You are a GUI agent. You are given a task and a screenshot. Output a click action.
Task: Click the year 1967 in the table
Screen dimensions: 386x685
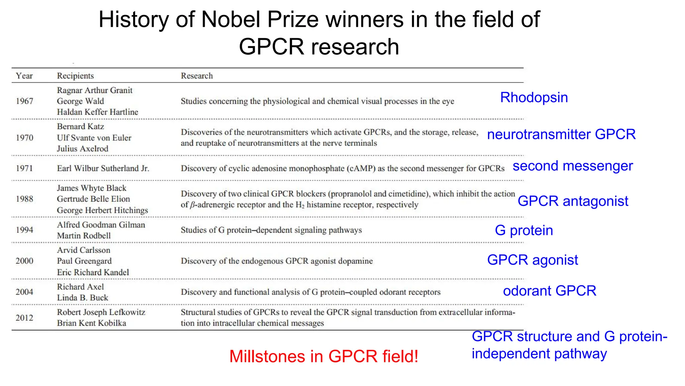pyautogui.click(x=24, y=101)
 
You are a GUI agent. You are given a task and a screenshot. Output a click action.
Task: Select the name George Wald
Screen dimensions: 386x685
pyautogui.click(x=80, y=101)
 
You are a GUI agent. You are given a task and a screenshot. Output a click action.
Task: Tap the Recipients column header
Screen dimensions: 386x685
pyautogui.click(x=75, y=76)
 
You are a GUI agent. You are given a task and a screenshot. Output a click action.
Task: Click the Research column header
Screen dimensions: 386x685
pyautogui.click(x=197, y=76)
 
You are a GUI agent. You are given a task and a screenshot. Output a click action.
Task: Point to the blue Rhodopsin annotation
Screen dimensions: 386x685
pyautogui.click(x=534, y=98)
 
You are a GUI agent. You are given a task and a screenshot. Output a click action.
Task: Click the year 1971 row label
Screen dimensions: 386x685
pyautogui.click(x=24, y=168)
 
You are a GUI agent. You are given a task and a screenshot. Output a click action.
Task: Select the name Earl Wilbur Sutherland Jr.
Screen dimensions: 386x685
pyautogui.click(x=103, y=168)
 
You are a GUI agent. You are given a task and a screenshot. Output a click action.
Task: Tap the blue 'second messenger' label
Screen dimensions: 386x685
pyautogui.click(x=573, y=166)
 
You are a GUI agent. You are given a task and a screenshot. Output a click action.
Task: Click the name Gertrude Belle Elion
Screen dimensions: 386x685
pyautogui.click(x=93, y=199)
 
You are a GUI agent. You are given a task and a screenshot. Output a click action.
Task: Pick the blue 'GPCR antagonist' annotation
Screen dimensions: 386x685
pyautogui.click(x=573, y=201)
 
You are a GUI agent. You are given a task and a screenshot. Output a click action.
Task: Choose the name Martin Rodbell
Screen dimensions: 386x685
pyautogui.click(x=84, y=236)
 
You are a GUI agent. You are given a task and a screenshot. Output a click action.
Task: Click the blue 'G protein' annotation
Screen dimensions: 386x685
pyautogui.click(x=524, y=231)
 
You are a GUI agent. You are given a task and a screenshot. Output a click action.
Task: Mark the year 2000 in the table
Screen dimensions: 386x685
pyautogui.click(x=24, y=261)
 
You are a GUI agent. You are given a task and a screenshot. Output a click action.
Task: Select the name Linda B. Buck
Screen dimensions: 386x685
pyautogui.click(x=83, y=298)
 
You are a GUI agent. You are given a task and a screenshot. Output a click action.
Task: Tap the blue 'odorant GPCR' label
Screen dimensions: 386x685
pyautogui.click(x=550, y=291)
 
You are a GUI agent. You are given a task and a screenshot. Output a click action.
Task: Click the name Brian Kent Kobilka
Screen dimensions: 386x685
pyautogui.click(x=91, y=323)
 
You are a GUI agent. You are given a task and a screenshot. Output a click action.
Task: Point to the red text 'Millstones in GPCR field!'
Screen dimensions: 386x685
pyautogui.click(x=324, y=356)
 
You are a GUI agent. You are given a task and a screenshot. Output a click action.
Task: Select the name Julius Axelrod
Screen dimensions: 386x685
pyautogui.click(x=83, y=149)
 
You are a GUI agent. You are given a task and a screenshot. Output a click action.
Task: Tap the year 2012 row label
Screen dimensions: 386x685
pyautogui.click(x=24, y=318)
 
